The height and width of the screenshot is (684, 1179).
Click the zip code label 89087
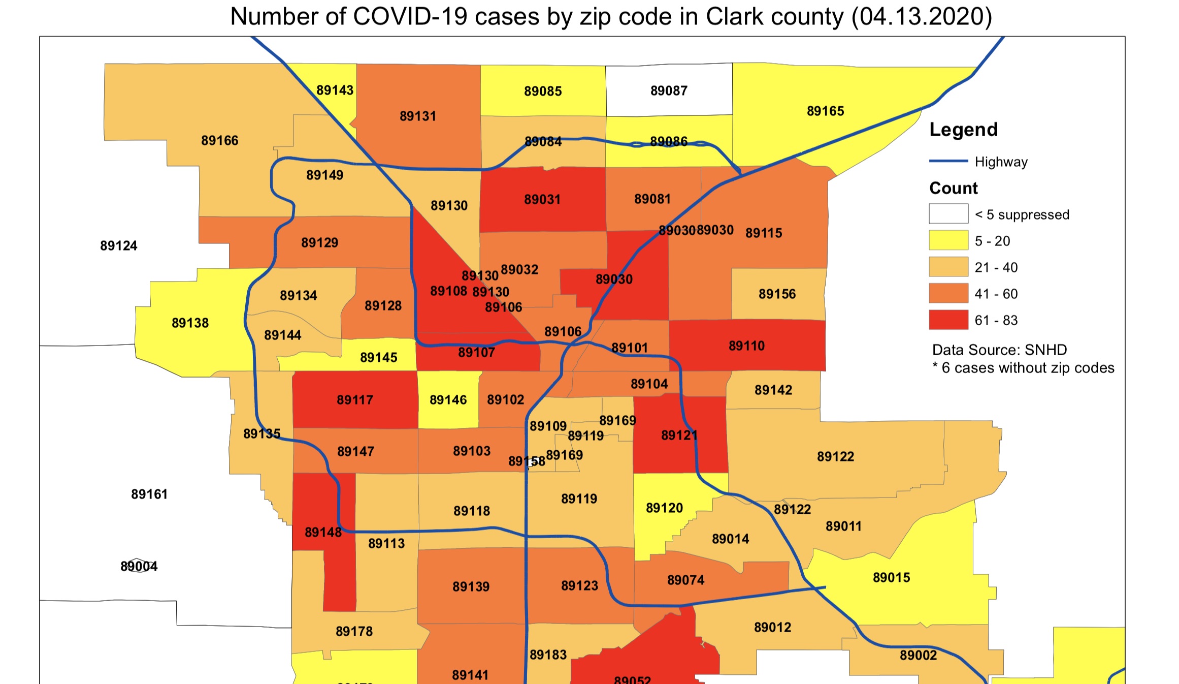pyautogui.click(x=669, y=91)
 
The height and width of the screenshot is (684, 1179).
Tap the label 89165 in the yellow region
pyautogui.click(x=825, y=111)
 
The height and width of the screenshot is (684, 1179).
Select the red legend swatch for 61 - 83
pyautogui.click(x=948, y=320)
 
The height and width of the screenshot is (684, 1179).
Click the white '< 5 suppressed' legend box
pyautogui.click(x=948, y=214)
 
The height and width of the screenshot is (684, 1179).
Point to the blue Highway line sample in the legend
pyautogui.click(x=948, y=161)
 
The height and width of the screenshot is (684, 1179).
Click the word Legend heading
pyautogui.click(x=963, y=130)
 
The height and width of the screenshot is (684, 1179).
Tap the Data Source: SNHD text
pyautogui.click(x=999, y=350)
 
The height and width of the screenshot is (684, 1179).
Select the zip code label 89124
pyautogui.click(x=118, y=246)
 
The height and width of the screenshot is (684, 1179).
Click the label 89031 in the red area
pyautogui.click(x=542, y=199)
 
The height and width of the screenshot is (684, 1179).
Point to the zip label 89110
pyautogui.click(x=746, y=346)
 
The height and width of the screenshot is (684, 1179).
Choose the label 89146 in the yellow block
pyautogui.click(x=448, y=400)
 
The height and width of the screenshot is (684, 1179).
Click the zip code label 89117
pyautogui.click(x=355, y=400)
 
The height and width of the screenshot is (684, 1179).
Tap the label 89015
pyautogui.click(x=891, y=578)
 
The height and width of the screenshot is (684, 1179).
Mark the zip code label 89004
pyautogui.click(x=139, y=566)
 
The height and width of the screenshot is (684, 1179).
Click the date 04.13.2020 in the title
pyautogui.click(x=921, y=17)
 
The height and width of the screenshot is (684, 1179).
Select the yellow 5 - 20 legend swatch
pyautogui.click(x=948, y=240)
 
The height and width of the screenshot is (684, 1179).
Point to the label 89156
pyautogui.click(x=777, y=294)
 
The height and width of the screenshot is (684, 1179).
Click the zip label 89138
pyautogui.click(x=190, y=323)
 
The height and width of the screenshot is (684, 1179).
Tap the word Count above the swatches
pyautogui.click(x=953, y=189)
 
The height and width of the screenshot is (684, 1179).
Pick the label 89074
pyautogui.click(x=685, y=580)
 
